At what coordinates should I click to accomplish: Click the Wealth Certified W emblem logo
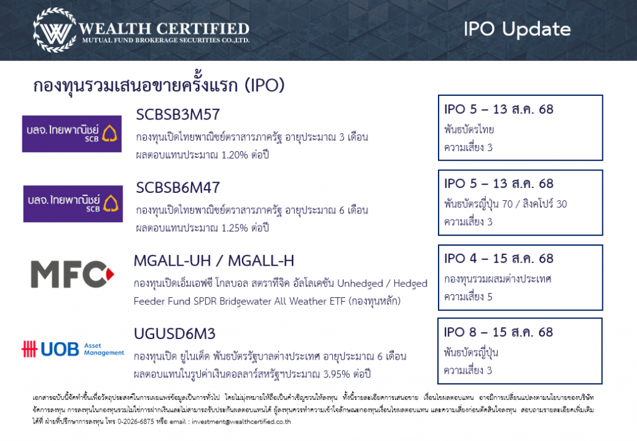(55, 30)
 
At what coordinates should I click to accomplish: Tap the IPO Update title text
(517, 29)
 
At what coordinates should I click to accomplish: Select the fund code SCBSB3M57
(177, 114)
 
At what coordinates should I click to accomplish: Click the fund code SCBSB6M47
(177, 188)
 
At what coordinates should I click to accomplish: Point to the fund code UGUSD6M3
(175, 334)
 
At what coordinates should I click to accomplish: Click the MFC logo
(72, 274)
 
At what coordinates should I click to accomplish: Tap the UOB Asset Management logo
(73, 349)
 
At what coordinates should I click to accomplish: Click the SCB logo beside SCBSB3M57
(72, 134)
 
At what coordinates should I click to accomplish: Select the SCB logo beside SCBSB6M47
(73, 204)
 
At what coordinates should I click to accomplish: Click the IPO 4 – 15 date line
(498, 259)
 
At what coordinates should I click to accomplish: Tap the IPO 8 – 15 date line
(498, 332)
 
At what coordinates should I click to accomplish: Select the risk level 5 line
(468, 297)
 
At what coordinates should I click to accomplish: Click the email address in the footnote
(241, 422)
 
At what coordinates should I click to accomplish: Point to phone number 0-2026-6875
(136, 422)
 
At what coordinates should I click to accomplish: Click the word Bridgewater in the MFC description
(242, 301)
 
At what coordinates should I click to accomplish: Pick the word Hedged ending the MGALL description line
(411, 284)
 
